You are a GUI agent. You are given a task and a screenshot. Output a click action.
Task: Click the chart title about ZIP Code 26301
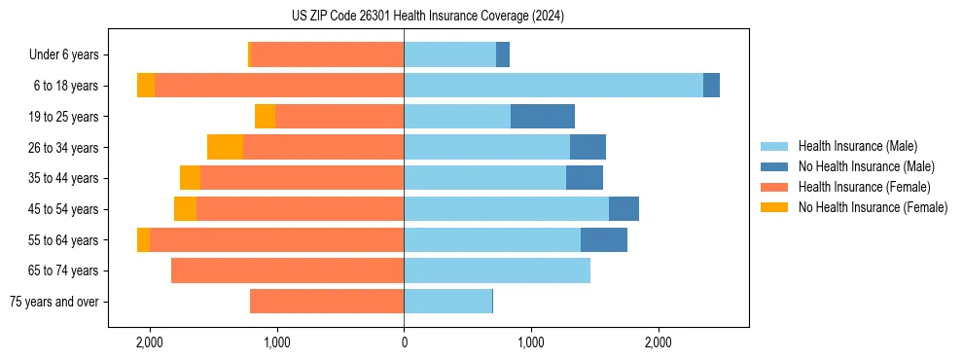(x=427, y=17)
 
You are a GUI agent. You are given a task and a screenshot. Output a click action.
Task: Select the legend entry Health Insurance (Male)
(x=857, y=146)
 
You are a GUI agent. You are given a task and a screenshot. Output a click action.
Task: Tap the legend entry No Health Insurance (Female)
(x=873, y=207)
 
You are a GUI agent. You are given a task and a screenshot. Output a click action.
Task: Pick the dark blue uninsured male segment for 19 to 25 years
(x=543, y=117)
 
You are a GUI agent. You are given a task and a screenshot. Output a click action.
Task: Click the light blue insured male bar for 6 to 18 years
(x=553, y=86)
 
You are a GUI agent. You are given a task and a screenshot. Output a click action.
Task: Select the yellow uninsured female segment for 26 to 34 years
(x=225, y=147)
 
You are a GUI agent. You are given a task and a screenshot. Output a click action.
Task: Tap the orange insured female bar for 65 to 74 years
(x=287, y=270)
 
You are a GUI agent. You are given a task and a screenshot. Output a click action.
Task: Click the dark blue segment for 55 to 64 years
(x=604, y=239)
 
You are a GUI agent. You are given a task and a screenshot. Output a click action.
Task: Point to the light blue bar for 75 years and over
(x=447, y=302)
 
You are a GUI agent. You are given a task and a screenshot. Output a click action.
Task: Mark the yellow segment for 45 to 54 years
(x=185, y=209)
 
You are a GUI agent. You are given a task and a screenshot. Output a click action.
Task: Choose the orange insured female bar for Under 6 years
(x=327, y=54)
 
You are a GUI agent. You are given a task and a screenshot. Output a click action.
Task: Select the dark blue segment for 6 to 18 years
(x=711, y=86)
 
